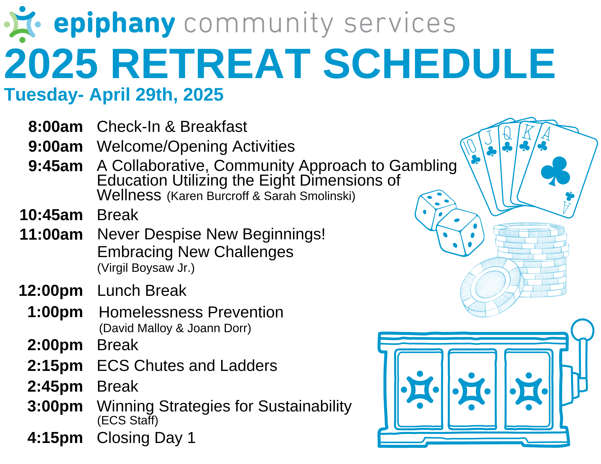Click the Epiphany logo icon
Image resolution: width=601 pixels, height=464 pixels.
[x=23, y=24]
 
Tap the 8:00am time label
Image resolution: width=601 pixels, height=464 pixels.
[x=56, y=126]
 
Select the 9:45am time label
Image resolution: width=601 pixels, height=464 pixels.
[x=56, y=166]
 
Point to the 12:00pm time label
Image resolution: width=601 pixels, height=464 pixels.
[x=51, y=290]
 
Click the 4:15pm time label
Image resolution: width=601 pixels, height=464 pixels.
[x=55, y=438]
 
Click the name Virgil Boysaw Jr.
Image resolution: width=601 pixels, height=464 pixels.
[x=146, y=268]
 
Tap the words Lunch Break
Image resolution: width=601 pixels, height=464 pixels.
[x=142, y=290]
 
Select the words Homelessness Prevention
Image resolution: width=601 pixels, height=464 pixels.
[x=191, y=312]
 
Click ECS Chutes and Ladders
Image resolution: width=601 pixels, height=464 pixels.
[x=187, y=365]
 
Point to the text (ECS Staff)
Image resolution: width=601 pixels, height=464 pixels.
[x=128, y=420]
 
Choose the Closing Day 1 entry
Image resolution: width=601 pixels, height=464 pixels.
[x=146, y=438]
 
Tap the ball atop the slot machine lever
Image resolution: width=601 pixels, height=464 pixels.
[x=582, y=330]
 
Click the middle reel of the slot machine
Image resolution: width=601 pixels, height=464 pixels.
[x=471, y=389]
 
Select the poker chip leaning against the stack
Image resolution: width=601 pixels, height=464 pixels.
[x=491, y=287]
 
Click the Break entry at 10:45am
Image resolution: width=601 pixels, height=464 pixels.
[x=117, y=215]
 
